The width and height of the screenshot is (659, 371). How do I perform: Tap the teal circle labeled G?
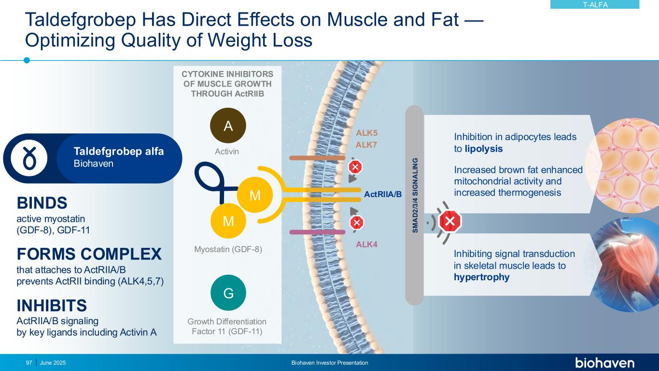coord(228,293)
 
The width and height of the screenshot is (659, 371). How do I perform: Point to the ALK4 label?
coord(367,244)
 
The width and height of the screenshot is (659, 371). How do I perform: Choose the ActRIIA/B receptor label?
coord(383,194)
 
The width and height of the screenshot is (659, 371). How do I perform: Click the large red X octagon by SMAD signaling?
coord(450,222)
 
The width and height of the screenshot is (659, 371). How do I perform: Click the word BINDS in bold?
coord(42,202)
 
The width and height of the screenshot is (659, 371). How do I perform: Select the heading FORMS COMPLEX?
coord(89,254)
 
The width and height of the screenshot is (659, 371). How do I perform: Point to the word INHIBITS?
coord(52,305)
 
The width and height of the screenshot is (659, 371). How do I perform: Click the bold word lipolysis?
coord(484,149)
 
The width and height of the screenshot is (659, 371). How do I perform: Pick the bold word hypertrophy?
coord(481,277)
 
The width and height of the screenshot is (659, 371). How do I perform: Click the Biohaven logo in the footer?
coord(604,363)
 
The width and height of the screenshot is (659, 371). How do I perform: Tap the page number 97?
coord(29,363)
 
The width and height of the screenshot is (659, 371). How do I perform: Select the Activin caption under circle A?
coord(227,152)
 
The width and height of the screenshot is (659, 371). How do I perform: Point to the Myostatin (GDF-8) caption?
coord(228,250)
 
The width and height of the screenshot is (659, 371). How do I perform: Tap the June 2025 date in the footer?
coord(53,363)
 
